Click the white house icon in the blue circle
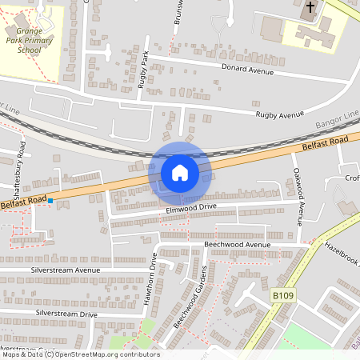[180, 172]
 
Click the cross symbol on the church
[310, 9]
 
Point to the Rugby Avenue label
[280, 115]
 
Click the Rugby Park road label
[145, 69]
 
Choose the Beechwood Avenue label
[238, 244]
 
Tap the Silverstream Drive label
[65, 314]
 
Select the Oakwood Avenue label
[298, 196]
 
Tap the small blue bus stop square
[50, 200]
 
